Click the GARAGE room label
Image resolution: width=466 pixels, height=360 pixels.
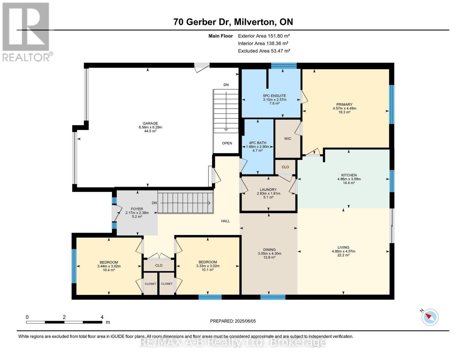tap(150, 123)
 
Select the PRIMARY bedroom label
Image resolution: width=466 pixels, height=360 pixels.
tap(344, 104)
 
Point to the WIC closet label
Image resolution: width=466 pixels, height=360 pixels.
tap(287, 139)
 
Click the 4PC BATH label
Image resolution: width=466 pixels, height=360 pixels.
tap(257, 143)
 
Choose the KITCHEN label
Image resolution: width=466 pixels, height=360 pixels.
tap(349, 175)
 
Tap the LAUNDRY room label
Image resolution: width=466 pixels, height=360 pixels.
tap(268, 190)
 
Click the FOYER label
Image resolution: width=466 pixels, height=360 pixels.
tap(137, 209)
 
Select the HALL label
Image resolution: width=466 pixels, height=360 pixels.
tap(225, 221)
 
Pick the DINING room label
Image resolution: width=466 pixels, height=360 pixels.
tap(269, 250)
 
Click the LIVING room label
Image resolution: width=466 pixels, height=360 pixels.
tap(343, 247)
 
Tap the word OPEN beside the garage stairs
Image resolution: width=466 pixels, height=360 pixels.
tap(227, 143)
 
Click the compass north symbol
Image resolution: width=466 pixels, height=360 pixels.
tap(430, 317)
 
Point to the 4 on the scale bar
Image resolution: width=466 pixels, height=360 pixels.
tap(102, 317)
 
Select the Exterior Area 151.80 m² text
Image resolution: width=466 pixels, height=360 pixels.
tap(264, 36)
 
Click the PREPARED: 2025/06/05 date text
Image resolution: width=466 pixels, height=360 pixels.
tap(233, 321)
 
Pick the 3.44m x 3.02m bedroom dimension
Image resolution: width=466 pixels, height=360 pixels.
tap(109, 266)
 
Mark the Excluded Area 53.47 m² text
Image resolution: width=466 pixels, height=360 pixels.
tap(264, 51)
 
